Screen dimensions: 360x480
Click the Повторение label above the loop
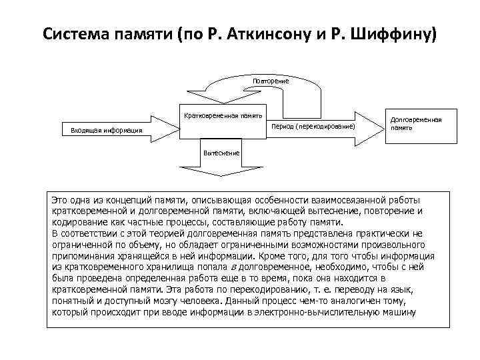[x=270, y=81]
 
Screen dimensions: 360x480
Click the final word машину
[x=400, y=311]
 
